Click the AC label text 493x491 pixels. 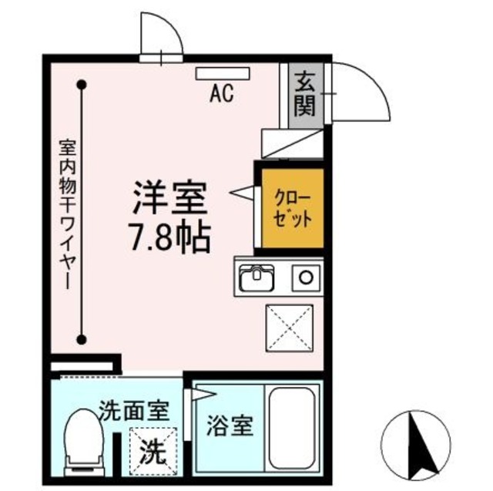222,94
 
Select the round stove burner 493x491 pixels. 307,277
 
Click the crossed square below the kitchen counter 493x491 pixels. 289,328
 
